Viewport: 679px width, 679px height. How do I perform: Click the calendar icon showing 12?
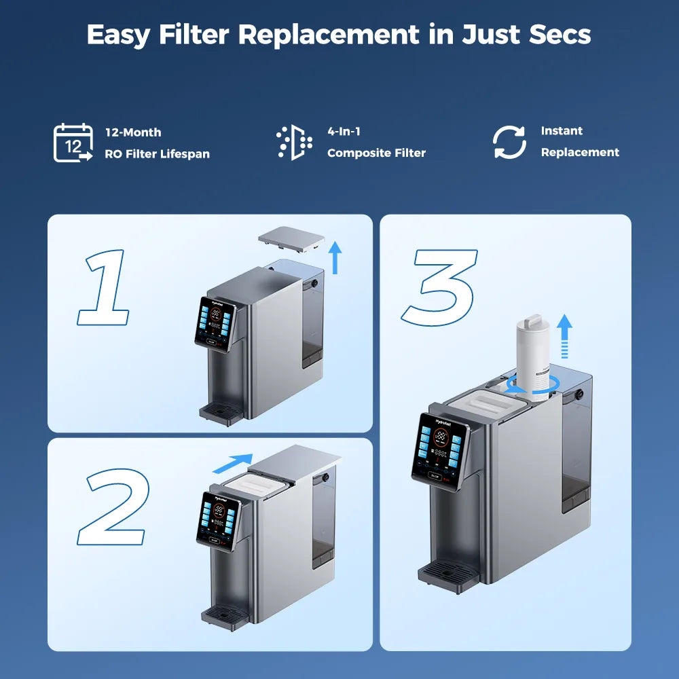73,143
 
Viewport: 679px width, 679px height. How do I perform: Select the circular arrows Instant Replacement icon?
509,143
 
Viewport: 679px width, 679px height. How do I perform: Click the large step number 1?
104,288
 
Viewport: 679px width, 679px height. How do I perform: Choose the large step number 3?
440,287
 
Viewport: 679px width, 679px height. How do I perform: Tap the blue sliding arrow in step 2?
233,464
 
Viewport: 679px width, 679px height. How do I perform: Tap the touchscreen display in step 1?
215,324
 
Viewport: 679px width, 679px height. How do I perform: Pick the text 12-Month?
133,132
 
